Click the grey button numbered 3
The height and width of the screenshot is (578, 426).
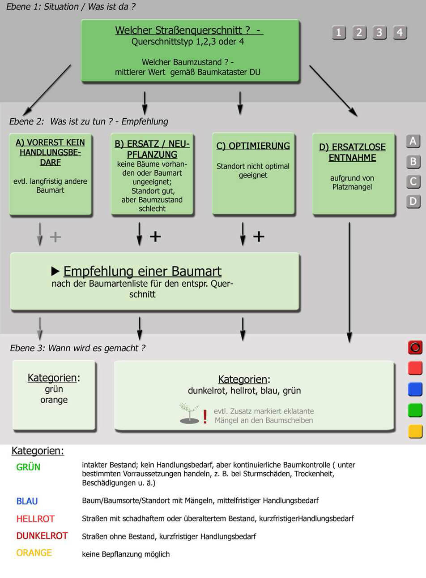pos(379,33)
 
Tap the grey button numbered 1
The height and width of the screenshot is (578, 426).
pos(339,33)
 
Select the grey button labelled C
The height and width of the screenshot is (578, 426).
pos(413,181)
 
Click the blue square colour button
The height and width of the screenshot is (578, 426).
pos(415,389)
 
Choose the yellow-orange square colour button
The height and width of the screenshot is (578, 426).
pos(415,431)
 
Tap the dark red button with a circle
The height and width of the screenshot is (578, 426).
pos(415,347)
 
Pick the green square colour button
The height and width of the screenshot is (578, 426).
pos(415,410)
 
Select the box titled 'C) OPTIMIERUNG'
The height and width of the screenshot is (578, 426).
pos(253,174)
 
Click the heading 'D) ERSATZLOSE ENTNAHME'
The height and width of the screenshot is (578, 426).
pos(352,152)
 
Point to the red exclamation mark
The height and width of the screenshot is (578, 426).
pos(205,416)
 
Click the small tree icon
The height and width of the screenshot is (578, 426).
pos(189,414)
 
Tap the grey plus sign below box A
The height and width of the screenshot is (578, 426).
pos(55,237)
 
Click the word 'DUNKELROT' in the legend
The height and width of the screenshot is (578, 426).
pos(42,536)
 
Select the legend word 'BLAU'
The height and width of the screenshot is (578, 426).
pos(27,501)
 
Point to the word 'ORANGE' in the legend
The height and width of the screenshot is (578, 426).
pos(34,553)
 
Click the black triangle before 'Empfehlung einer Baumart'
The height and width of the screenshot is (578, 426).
pos(55,271)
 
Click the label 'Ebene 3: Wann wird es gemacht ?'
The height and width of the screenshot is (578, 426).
pos(77,348)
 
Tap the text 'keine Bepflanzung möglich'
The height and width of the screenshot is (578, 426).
pos(126,554)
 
